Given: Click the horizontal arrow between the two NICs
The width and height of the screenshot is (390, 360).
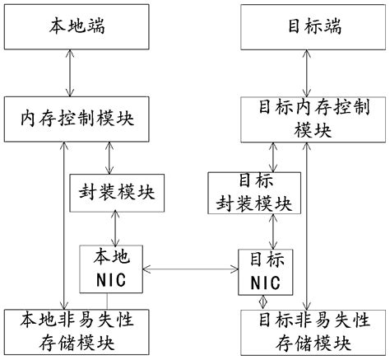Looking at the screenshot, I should [x=185, y=269].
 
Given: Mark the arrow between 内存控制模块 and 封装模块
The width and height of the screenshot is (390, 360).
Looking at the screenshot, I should [x=110, y=157].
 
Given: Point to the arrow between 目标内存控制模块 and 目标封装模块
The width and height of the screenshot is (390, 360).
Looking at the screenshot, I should [x=275, y=157].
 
